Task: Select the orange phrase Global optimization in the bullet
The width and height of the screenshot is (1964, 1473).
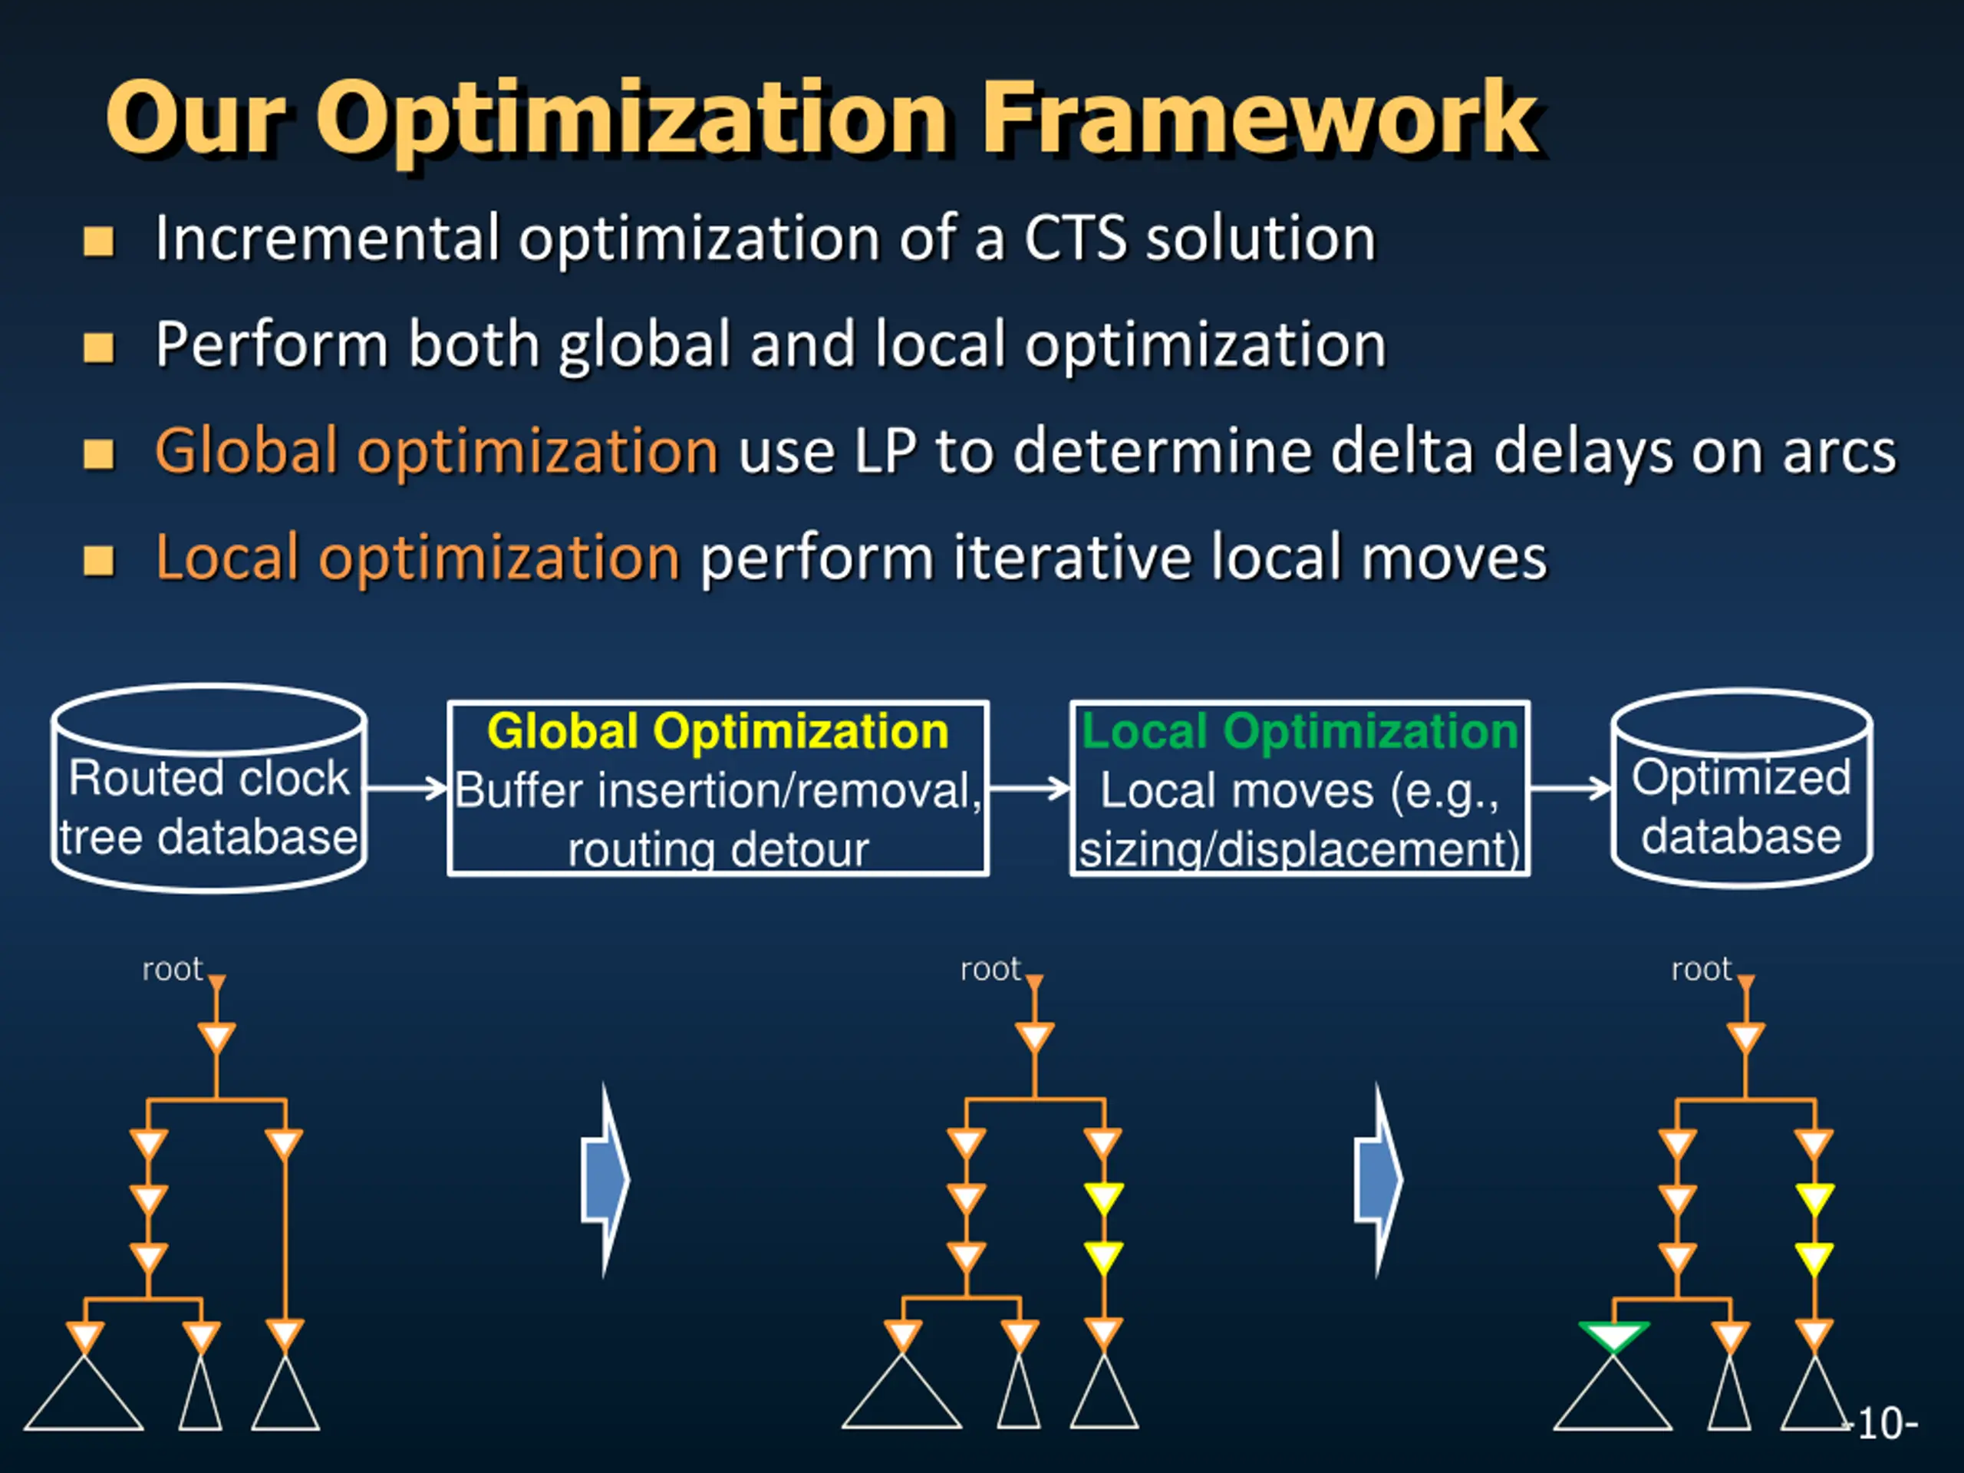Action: pyautogui.click(x=436, y=450)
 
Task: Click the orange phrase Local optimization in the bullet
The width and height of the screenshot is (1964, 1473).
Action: pyautogui.click(x=417, y=557)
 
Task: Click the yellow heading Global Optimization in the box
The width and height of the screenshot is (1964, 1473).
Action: pyautogui.click(x=717, y=732)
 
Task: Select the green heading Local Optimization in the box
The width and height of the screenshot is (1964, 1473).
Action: pyautogui.click(x=1299, y=732)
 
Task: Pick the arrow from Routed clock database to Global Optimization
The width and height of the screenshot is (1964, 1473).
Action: pyautogui.click(x=407, y=788)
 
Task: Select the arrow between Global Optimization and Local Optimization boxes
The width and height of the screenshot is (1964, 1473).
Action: pyautogui.click(x=1029, y=788)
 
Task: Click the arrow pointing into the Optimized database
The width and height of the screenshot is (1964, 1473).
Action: pyautogui.click(x=1570, y=788)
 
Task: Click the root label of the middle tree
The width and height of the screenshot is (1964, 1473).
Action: pyautogui.click(x=990, y=969)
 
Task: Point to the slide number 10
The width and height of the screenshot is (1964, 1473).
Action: pyautogui.click(x=1885, y=1423)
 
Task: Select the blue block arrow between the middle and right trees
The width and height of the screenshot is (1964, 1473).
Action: pyautogui.click(x=1378, y=1180)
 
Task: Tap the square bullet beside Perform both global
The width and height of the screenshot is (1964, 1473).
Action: pyautogui.click(x=98, y=348)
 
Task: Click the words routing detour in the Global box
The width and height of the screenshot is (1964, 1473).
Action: pyautogui.click(x=717, y=850)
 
